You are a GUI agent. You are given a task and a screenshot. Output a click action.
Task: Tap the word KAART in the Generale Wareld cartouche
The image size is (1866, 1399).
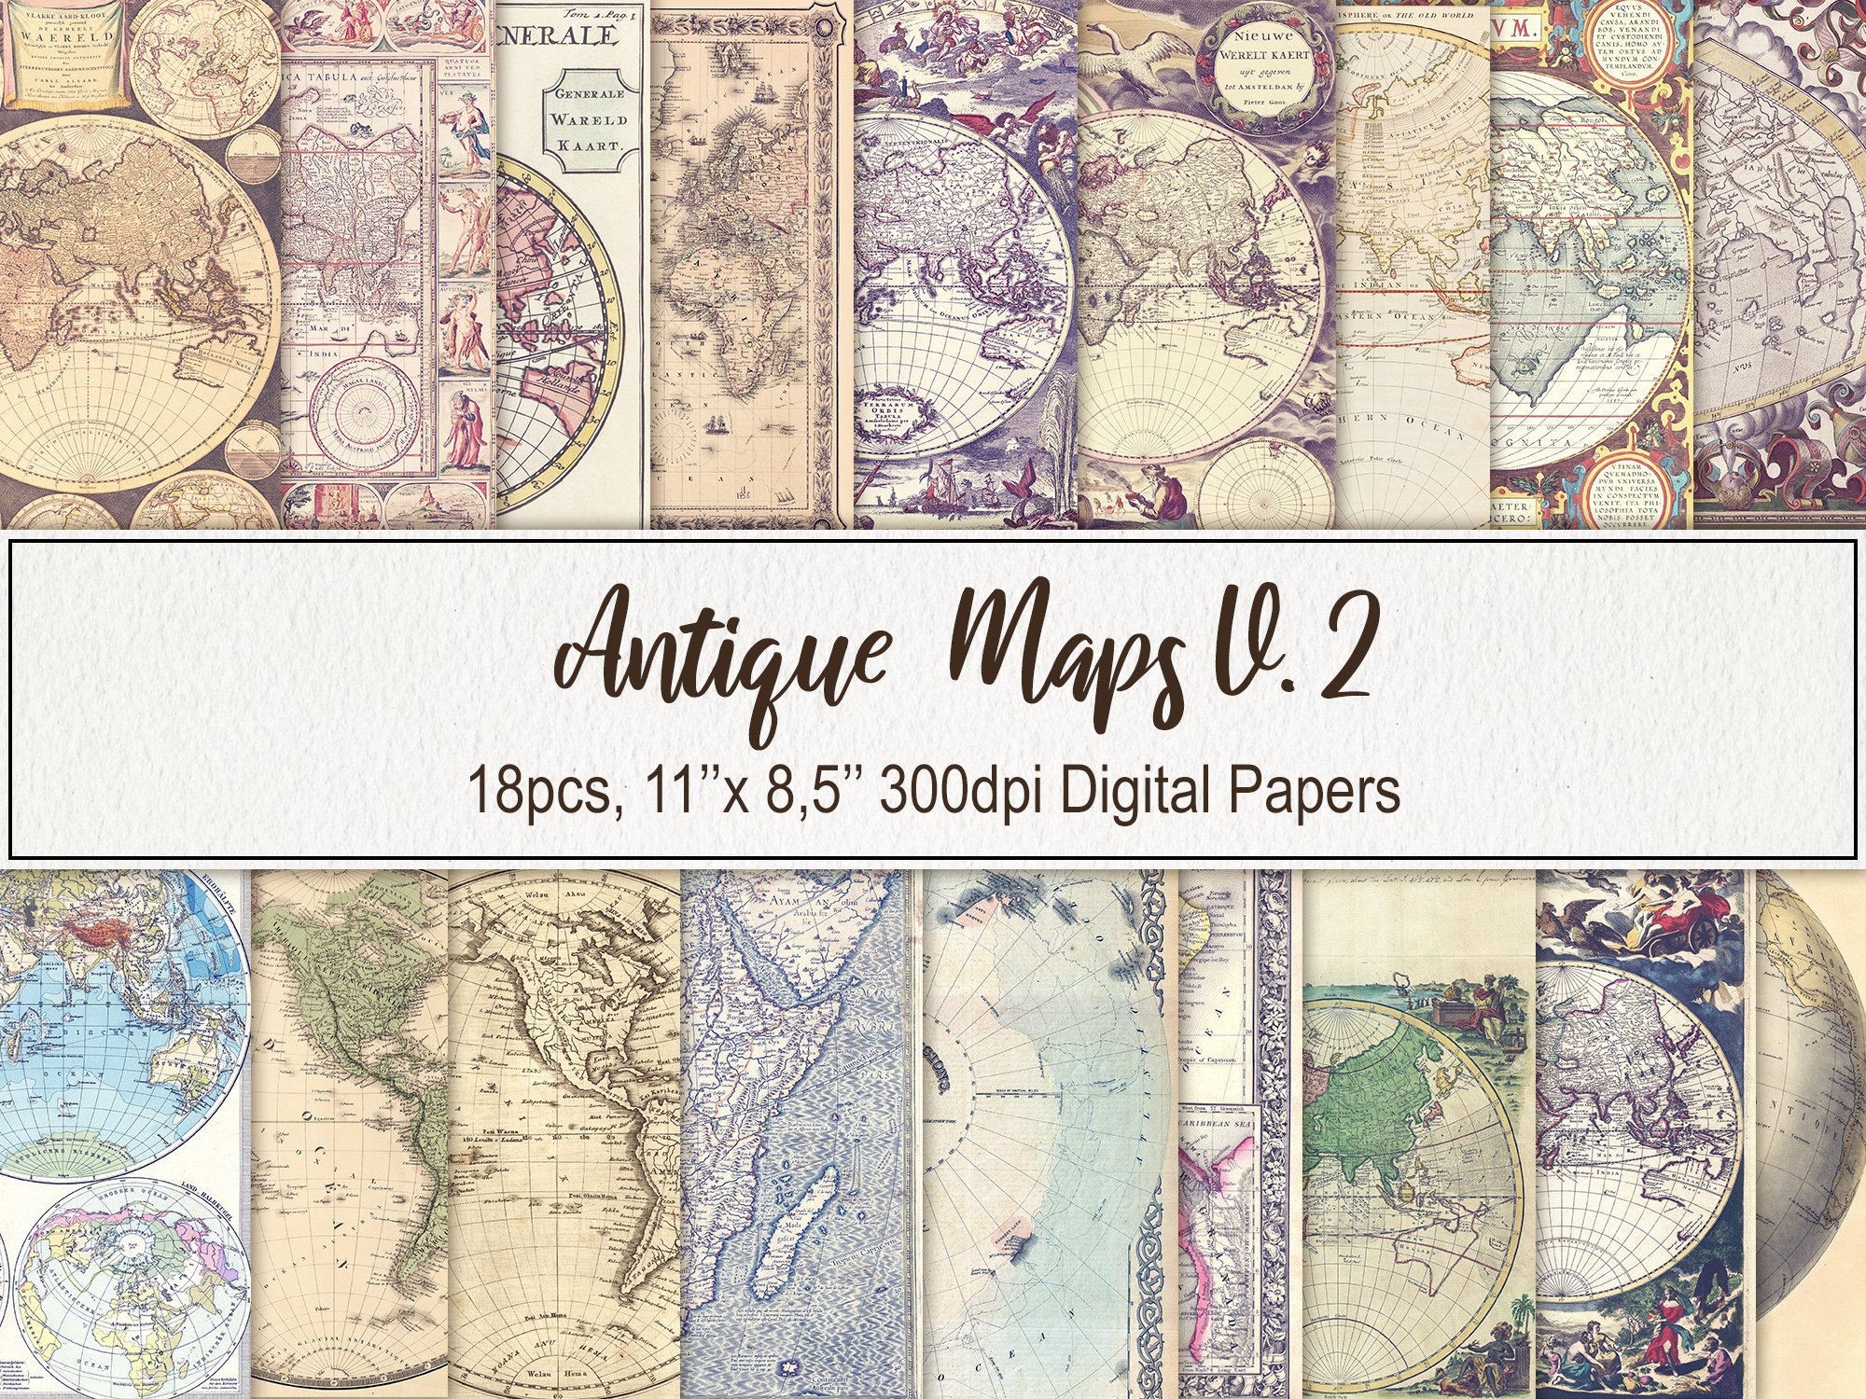pyautogui.click(x=588, y=145)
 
